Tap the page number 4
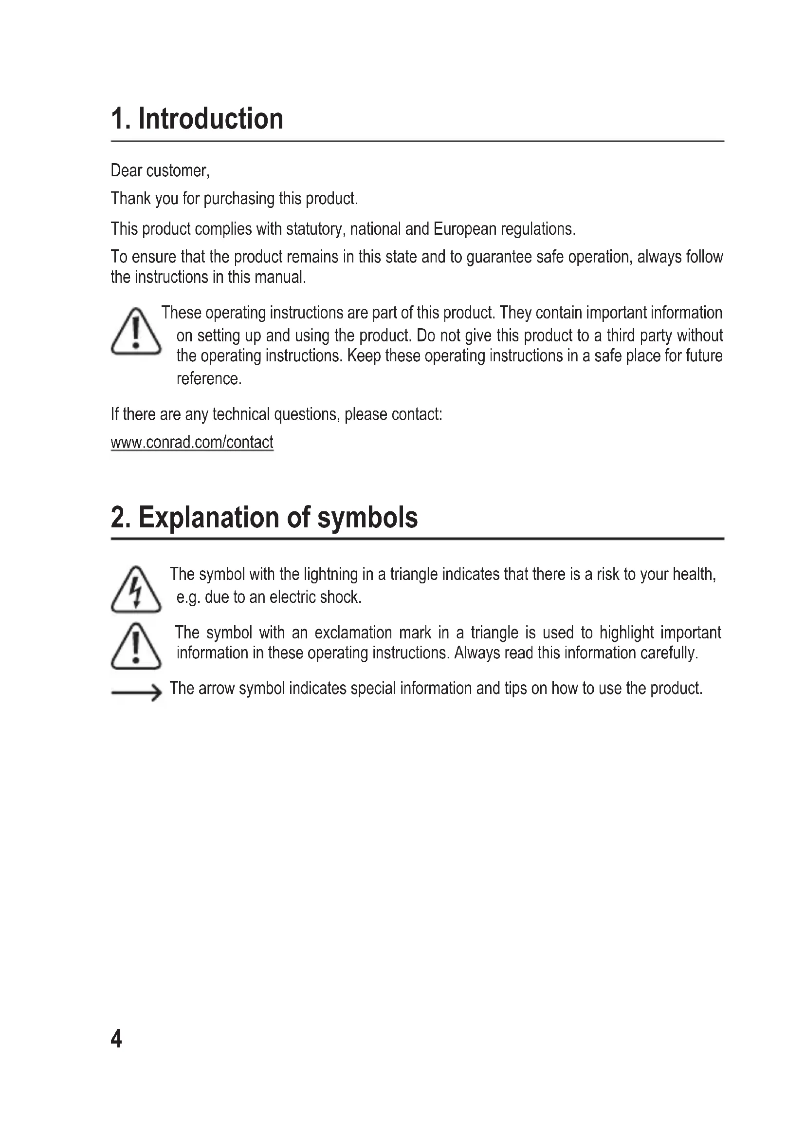click(116, 1038)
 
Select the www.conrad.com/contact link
click(192, 442)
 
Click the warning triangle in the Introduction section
click(136, 332)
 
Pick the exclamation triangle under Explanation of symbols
click(136, 647)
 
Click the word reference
click(208, 378)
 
